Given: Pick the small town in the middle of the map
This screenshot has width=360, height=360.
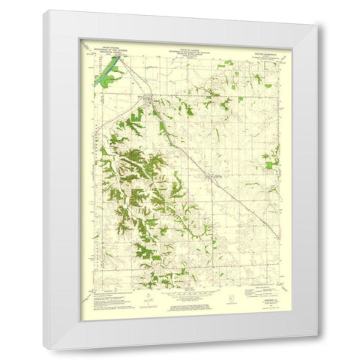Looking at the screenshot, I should [213, 176].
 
